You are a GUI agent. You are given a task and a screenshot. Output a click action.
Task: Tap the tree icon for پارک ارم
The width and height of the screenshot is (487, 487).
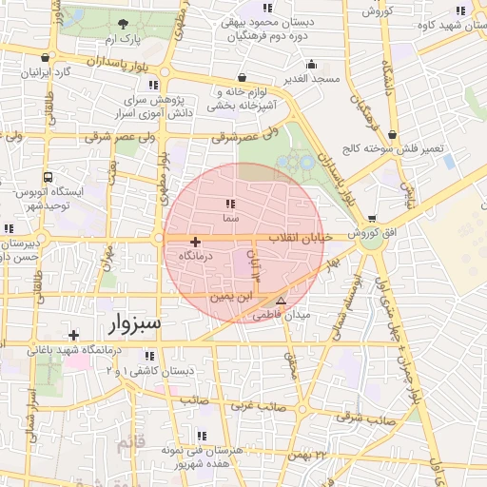pos(123,24)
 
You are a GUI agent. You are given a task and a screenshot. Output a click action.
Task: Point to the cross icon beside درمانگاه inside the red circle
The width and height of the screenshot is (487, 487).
pos(196,242)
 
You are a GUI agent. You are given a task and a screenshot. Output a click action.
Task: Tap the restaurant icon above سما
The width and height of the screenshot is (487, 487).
pos(229,204)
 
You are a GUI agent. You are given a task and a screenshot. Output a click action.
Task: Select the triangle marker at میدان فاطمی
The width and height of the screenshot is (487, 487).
pos(280,300)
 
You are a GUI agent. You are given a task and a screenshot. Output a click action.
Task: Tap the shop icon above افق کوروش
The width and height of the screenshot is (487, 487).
pos(371,218)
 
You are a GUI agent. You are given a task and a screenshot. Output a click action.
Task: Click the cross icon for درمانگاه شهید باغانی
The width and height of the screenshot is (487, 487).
pos(73,335)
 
